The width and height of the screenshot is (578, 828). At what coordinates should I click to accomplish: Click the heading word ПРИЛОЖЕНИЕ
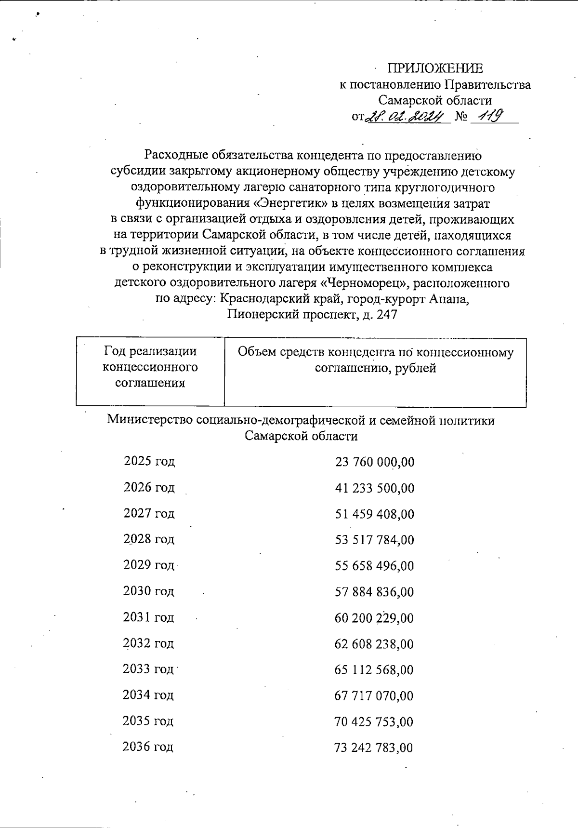coord(435,68)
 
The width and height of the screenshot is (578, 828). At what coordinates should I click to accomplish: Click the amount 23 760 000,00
coord(375,462)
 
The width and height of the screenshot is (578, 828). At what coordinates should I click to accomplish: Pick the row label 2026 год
coord(149,487)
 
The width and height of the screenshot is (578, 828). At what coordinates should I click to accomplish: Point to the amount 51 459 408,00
coord(375,514)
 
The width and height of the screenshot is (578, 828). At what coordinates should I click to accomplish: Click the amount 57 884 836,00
coord(374,592)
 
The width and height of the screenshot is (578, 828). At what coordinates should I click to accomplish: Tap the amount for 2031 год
coord(374,618)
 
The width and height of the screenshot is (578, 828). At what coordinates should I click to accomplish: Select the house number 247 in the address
coord(387,315)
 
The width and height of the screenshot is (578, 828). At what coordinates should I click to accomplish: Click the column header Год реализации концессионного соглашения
coord(150,367)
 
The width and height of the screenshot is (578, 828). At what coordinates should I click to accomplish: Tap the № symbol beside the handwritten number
coord(460,117)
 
